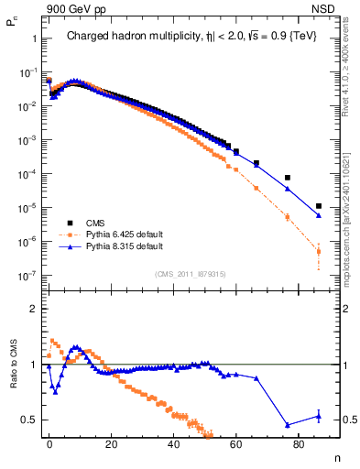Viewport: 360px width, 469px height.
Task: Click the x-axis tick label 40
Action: click(174, 443)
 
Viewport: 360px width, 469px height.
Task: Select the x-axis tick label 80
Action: click(298, 443)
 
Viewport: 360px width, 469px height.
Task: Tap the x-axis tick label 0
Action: click(49, 443)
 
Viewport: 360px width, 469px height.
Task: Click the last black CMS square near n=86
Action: click(318, 206)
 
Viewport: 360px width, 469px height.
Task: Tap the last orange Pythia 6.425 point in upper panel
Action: click(318, 251)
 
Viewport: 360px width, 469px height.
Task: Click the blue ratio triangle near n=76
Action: click(288, 425)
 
